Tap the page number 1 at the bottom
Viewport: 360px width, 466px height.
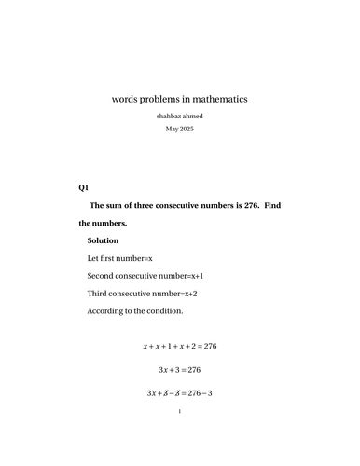coord(179,436)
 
